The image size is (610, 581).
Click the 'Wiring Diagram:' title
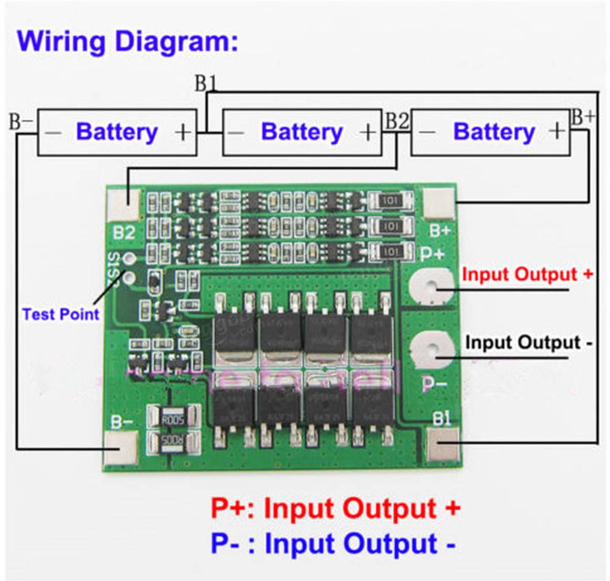click(128, 41)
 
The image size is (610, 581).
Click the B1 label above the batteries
click(205, 84)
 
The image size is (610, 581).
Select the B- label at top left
click(21, 122)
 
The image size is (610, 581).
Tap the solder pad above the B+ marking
click(439, 203)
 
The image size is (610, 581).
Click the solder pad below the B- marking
click(121, 447)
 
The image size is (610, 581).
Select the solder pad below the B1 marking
click(443, 444)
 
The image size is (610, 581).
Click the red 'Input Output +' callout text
click(527, 274)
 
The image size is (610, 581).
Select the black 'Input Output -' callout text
click(528, 343)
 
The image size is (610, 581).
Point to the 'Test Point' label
click(60, 314)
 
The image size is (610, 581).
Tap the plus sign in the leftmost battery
click(182, 132)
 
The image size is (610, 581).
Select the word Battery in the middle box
click(302, 131)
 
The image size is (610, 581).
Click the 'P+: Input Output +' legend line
click(335, 508)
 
